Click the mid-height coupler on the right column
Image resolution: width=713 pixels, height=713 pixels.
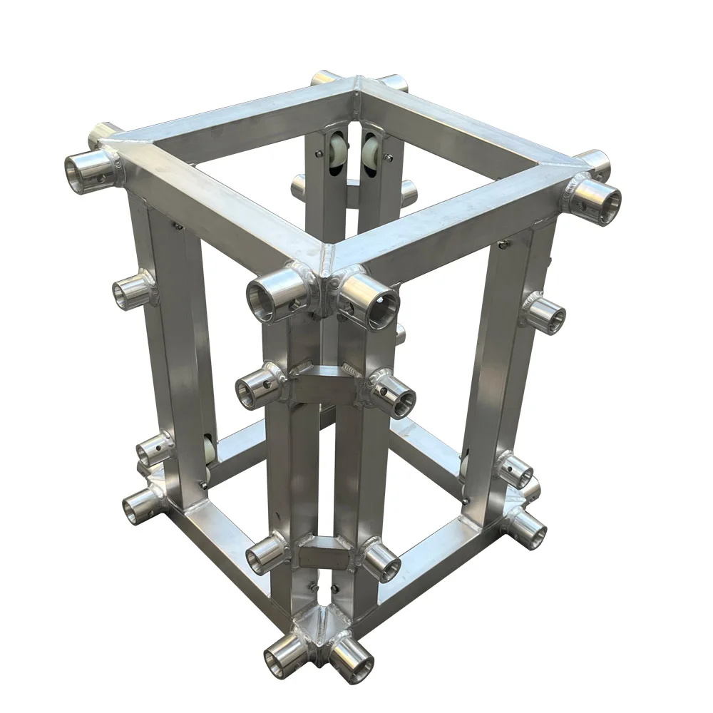(545, 313)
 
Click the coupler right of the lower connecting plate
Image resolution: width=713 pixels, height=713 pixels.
(381, 560)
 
